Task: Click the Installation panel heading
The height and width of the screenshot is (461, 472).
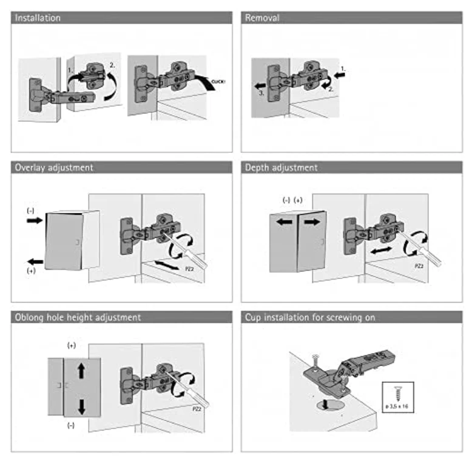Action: tap(38, 18)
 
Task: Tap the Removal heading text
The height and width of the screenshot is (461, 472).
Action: tap(262, 18)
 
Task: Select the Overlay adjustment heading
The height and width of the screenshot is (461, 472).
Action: tap(54, 167)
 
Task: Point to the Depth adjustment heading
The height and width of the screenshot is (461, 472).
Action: tap(281, 167)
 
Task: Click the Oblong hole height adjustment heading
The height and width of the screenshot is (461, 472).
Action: tap(78, 317)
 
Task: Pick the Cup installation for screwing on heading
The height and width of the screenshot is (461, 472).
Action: tap(310, 317)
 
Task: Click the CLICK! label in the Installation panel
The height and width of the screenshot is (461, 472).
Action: tap(218, 81)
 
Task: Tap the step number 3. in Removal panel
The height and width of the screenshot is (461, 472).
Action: tap(261, 93)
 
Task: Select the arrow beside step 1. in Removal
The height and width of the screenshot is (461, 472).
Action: tap(340, 75)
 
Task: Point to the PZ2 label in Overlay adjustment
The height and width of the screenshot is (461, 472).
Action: tap(189, 269)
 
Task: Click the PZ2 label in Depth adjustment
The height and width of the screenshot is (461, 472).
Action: tap(419, 266)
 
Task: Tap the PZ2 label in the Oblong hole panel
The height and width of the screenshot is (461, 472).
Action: tap(197, 409)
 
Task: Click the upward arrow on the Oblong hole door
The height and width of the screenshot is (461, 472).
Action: tap(81, 371)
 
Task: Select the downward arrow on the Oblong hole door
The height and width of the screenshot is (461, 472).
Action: tap(81, 407)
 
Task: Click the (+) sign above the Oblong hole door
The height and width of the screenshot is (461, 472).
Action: tap(72, 346)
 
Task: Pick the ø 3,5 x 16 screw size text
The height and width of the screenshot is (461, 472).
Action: tap(397, 406)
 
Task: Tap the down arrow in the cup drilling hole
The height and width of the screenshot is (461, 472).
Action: tap(325, 404)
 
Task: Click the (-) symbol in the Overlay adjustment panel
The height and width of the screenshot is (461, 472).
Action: tap(30, 210)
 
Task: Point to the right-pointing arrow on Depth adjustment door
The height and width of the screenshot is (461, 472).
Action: tap(312, 222)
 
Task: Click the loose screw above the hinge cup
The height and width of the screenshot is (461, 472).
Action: tap(315, 362)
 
